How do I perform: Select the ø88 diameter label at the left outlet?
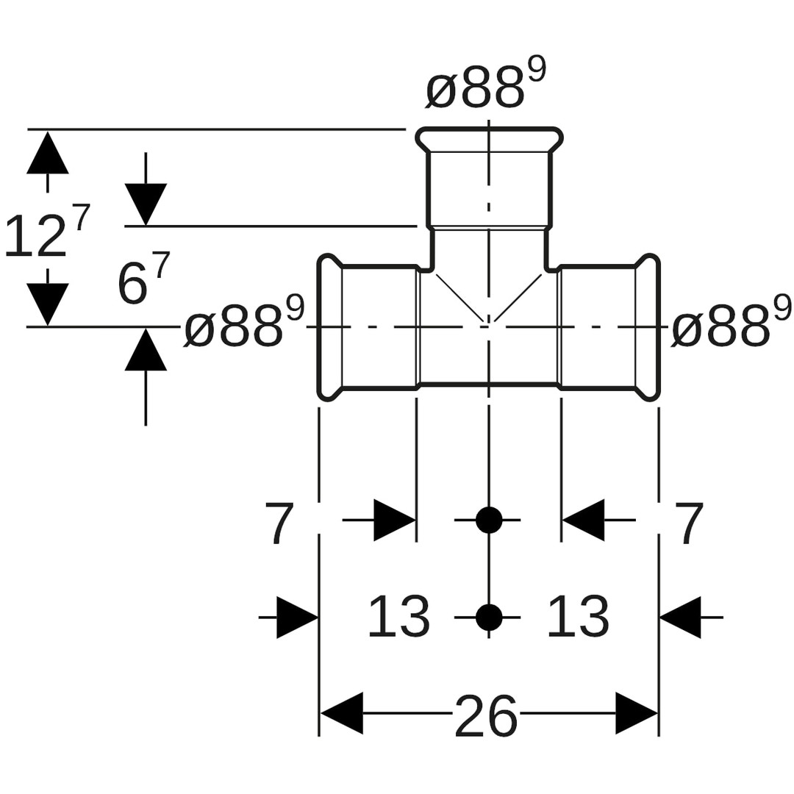(243, 328)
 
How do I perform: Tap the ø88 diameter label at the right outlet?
(731, 328)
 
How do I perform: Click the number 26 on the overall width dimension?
(486, 715)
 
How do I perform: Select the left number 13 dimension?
(398, 617)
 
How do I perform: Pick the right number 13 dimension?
(578, 617)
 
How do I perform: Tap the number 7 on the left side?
(279, 522)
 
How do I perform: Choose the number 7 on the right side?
(689, 522)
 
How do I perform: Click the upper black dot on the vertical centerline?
(489, 520)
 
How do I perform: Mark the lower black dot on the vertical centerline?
(489, 618)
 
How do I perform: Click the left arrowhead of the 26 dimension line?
(342, 713)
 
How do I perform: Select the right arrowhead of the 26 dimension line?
(636, 713)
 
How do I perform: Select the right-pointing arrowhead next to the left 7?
(394, 520)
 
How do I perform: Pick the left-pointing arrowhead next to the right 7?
(584, 520)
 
